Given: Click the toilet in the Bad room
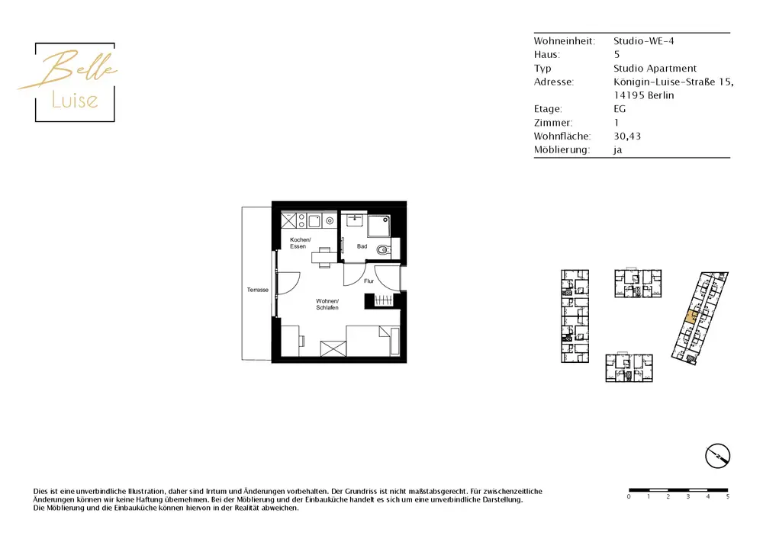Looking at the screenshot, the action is click(383, 251).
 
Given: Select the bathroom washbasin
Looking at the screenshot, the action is click(355, 220).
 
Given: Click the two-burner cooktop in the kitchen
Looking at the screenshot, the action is click(301, 220).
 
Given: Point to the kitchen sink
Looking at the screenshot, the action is click(314, 220).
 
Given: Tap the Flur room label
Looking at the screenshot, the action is click(369, 281).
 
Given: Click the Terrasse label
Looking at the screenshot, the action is click(257, 290).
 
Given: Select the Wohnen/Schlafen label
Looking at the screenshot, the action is click(327, 304).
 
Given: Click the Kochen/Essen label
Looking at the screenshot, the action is click(300, 243).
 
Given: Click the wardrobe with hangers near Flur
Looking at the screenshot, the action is click(383, 300).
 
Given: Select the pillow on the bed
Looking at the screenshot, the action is click(385, 334).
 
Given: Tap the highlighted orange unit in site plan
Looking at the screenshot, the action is click(691, 317).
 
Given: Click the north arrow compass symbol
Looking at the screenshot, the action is click(718, 456).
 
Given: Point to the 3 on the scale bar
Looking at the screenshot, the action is click(688, 496).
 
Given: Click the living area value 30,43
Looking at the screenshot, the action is click(626, 136).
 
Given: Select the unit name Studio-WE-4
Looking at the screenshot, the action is click(643, 41).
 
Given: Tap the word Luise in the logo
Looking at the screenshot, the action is click(75, 100).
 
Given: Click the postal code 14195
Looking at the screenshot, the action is click(627, 95).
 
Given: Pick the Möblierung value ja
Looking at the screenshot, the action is click(617, 149).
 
